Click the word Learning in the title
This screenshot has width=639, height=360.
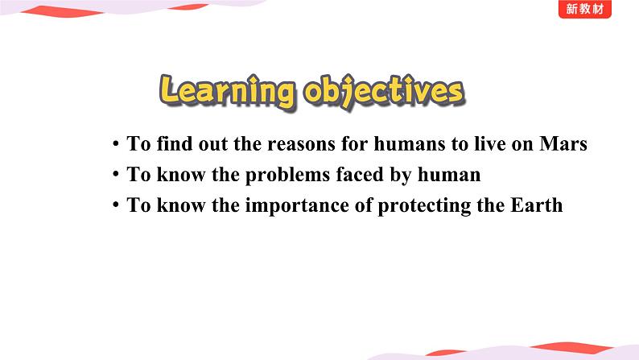click(x=228, y=91)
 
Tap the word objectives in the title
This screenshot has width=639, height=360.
click(x=385, y=91)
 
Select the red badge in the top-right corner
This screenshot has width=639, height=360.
click(x=585, y=9)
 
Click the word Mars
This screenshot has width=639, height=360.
click(x=563, y=143)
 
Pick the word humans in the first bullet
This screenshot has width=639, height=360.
click(x=410, y=144)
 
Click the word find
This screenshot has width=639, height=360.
click(x=175, y=143)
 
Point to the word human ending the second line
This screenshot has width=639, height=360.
click(x=449, y=175)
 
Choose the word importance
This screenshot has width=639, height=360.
click(x=297, y=206)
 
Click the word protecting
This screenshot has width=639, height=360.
click(x=424, y=206)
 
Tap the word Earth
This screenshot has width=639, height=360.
click(x=536, y=205)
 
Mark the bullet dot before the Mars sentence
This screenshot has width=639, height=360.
click(x=116, y=143)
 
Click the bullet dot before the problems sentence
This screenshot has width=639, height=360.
click(x=116, y=174)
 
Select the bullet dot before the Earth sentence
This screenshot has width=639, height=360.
click(x=116, y=205)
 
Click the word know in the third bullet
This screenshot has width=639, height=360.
click(x=181, y=205)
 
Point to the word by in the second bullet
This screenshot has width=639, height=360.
click(x=401, y=176)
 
